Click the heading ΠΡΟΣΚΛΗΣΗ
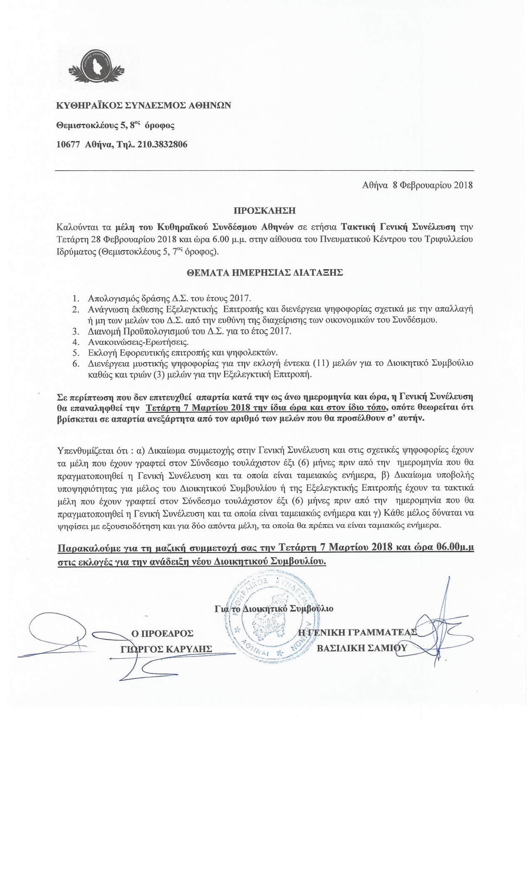(264, 211)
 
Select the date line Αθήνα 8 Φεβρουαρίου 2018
(417, 185)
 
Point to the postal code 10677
(68, 145)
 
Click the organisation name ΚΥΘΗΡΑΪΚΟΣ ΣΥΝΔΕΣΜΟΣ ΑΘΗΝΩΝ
(143, 105)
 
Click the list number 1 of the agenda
(75, 299)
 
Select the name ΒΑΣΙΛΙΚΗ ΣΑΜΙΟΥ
(362, 648)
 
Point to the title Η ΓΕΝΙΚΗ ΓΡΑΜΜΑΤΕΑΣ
(357, 632)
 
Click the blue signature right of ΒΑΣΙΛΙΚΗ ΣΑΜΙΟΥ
(436, 631)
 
